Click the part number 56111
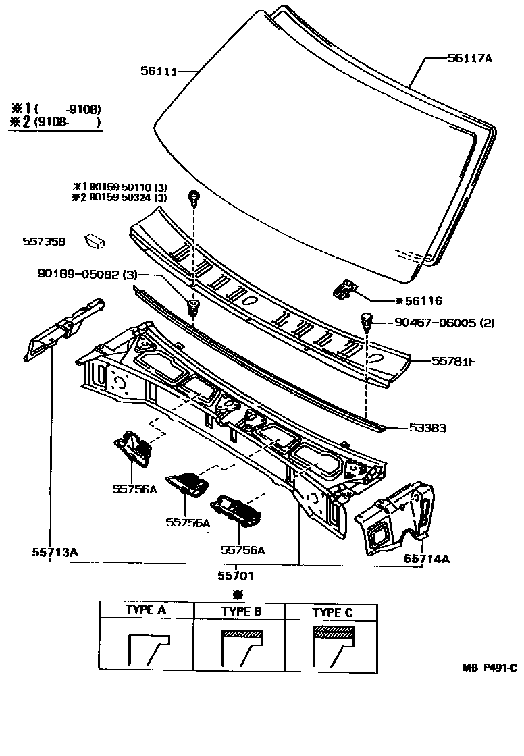tap(159, 70)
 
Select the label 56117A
tap(469, 59)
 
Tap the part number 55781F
tap(454, 361)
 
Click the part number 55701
tap(236, 575)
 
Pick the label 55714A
tap(427, 558)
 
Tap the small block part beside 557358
tap(95, 240)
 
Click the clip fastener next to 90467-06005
tap(367, 320)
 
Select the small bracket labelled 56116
tap(344, 290)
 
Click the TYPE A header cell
tap(146, 610)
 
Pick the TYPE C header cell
tap(332, 612)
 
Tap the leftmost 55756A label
tap(134, 489)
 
